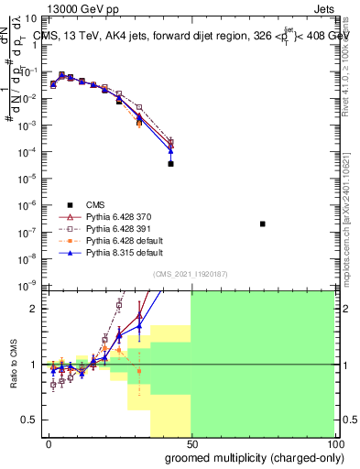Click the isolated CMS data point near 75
(x=263, y=224)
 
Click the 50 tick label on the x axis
(x=191, y=442)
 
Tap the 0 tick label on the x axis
(x=49, y=442)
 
